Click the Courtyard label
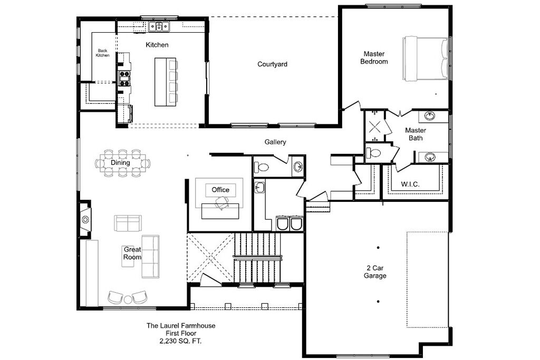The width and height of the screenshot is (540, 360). (272, 64)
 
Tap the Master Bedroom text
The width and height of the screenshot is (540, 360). (374, 57)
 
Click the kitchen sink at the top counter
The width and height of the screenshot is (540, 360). (159, 26)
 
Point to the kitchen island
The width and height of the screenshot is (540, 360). (166, 82)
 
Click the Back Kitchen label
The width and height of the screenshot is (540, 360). (103, 53)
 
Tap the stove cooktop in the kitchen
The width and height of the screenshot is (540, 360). (124, 78)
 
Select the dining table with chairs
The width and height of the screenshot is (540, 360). (123, 163)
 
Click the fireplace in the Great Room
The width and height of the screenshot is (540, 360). (85, 219)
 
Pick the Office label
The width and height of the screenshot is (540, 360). (220, 190)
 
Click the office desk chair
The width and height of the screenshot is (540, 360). (222, 203)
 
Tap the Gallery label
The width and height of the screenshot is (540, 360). (275, 142)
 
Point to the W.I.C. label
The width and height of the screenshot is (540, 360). (410, 184)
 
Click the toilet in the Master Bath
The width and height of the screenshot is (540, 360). (373, 152)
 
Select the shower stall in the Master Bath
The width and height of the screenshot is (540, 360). (374, 126)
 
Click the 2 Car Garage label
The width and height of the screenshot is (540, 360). (375, 271)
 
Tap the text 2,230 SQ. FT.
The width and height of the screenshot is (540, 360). (180, 341)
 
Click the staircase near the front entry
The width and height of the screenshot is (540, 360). (257, 257)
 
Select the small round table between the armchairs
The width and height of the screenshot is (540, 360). (128, 299)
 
